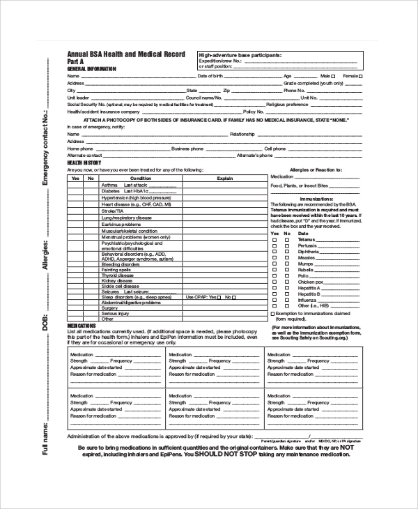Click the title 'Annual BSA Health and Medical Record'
[126, 54]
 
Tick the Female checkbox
[360, 75]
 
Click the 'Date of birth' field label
[210, 75]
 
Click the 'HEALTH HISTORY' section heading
[84, 162]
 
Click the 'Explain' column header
[224, 178]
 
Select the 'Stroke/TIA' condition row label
[112, 210]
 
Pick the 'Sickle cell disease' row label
[121, 286]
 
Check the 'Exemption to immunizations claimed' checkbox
[272, 314]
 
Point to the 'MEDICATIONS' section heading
[82, 326]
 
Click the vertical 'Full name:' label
[46, 439]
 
